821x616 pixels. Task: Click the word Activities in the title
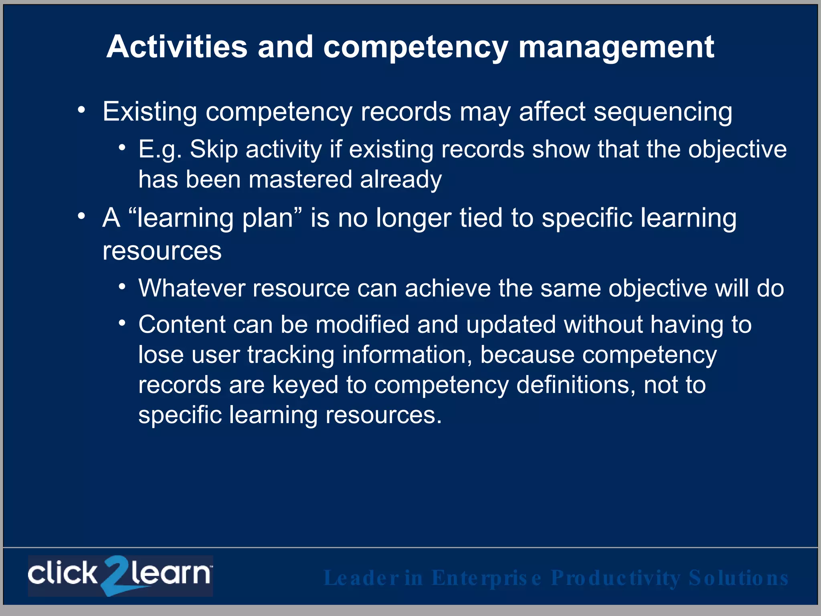[x=177, y=47]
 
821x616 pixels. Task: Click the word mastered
[x=300, y=179]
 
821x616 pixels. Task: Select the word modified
[x=362, y=324]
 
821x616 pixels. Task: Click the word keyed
[x=305, y=385]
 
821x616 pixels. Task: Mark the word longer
[x=413, y=219]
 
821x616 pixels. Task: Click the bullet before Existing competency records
[x=82, y=109]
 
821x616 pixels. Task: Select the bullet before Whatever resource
[x=122, y=286]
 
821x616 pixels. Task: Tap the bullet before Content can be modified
[x=122, y=322]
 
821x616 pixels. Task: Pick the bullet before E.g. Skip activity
[x=122, y=148]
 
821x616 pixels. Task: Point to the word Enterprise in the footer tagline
[x=487, y=578]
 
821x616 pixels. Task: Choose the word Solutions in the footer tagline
[x=738, y=578]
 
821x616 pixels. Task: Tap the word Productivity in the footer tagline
[x=616, y=578]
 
